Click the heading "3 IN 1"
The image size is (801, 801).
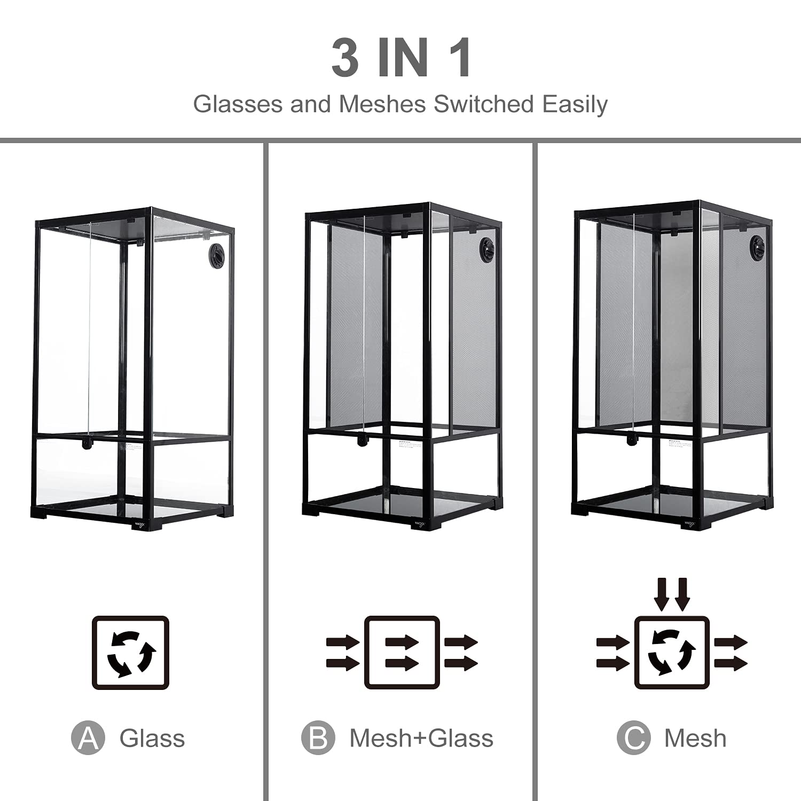click(401, 58)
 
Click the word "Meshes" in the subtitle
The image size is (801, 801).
click(382, 104)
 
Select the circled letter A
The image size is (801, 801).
click(88, 738)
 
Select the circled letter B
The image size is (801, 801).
click(318, 738)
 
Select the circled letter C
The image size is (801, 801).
click(633, 738)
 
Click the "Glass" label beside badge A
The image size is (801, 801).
click(152, 739)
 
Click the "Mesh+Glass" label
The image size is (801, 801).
click(421, 739)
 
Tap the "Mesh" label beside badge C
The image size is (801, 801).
click(695, 739)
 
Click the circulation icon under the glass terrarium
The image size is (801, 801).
click(131, 653)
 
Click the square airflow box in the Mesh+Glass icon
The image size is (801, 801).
click(402, 653)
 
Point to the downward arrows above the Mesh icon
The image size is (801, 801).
click(672, 594)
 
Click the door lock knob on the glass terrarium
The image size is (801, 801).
click(85, 444)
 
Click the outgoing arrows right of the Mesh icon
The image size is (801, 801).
click(731, 653)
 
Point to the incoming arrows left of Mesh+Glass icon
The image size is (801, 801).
click(343, 653)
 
